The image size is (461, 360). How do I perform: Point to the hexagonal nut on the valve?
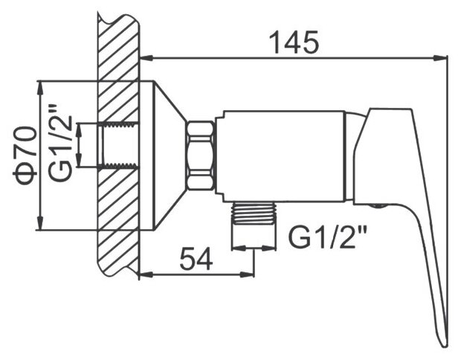click(202, 157)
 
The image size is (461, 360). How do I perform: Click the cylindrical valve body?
click(283, 155)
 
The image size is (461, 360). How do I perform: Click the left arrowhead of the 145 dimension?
click(144, 57)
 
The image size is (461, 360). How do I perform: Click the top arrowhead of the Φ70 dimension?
click(39, 83)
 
